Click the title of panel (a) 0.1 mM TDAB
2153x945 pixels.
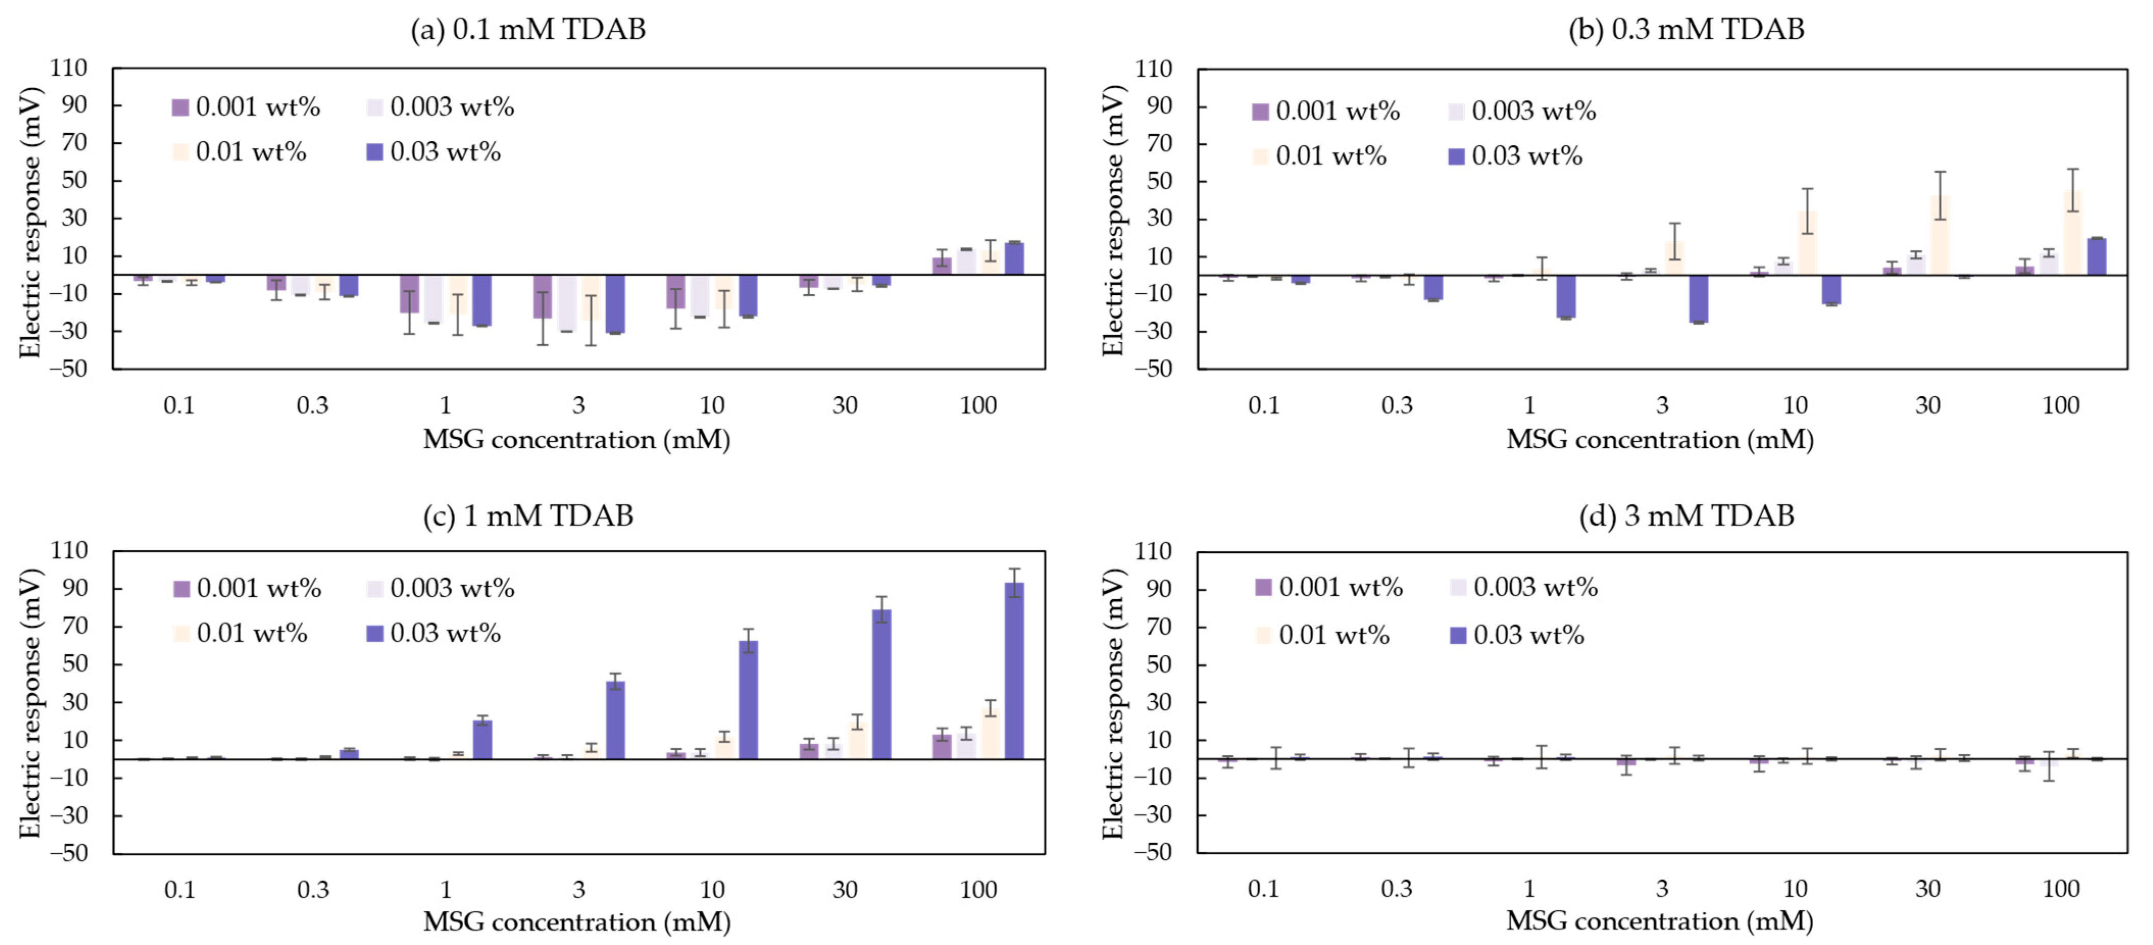[x=528, y=29]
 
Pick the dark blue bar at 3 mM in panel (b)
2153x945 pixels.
[x=1698, y=298]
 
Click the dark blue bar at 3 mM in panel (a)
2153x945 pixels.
[x=615, y=303]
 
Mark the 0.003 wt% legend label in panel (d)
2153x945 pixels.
[x=1535, y=588]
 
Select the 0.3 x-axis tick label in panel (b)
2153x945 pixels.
[x=1396, y=405]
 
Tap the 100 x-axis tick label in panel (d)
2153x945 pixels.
[x=2060, y=888]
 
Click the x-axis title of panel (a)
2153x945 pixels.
[x=577, y=440]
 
